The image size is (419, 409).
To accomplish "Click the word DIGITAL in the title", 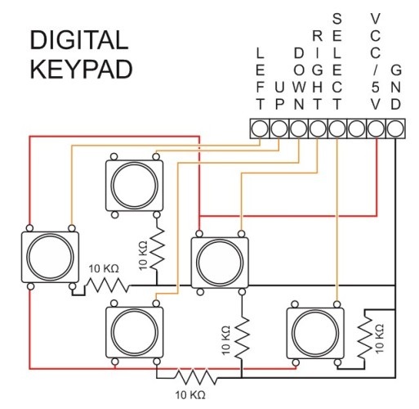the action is click(79, 40).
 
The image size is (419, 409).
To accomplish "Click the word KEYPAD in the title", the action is click(81, 70).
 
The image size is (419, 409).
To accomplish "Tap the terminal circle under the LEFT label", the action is click(260, 128).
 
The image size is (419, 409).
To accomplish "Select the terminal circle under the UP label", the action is click(279, 128).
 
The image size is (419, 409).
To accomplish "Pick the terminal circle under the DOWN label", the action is click(299, 128).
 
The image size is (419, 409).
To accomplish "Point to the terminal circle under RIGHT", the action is click(318, 128).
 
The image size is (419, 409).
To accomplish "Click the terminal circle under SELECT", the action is click(337, 128).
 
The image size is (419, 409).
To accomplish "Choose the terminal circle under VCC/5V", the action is click(377, 128).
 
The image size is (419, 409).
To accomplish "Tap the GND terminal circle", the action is click(395, 128).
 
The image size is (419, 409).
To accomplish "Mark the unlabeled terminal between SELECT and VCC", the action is click(357, 128).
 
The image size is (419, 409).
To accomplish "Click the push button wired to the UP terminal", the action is click(135, 186).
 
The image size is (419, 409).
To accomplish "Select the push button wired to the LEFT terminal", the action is click(50, 257).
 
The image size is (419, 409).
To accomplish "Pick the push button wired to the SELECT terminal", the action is click(315, 334).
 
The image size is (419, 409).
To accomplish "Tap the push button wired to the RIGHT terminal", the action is click(220, 263).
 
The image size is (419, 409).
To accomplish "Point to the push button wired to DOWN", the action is click(135, 332).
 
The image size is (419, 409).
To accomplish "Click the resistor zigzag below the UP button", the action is click(157, 248).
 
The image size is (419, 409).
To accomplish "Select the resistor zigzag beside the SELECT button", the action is click(364, 337).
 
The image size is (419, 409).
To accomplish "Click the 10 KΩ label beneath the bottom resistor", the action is click(190, 394).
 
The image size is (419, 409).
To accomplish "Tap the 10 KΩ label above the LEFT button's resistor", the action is click(104, 269).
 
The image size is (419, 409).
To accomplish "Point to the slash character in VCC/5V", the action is click(375, 70).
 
